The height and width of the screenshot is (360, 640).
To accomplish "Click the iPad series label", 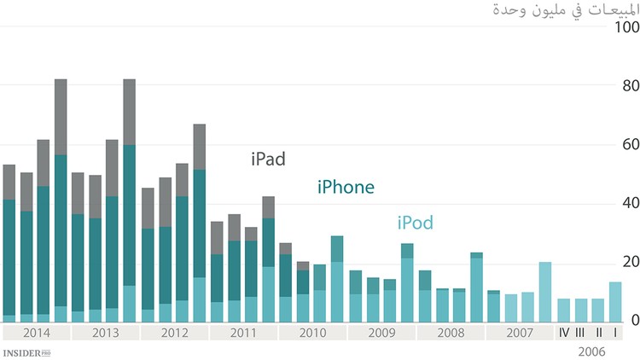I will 268,159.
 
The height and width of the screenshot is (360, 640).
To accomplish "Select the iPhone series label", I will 346,187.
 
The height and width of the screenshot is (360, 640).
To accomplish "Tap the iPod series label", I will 415,224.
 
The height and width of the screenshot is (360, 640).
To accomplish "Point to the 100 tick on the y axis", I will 626,27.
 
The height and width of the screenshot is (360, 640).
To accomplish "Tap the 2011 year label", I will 242,332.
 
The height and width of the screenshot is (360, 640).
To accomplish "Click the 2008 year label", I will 450,332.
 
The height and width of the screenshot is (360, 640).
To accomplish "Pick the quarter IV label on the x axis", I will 563,332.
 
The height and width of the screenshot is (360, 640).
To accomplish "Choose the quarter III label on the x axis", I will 580,332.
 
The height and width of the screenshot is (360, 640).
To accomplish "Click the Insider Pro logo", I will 26,351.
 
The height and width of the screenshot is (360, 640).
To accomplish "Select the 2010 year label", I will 311,332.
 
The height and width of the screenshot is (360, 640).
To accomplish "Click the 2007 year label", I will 519,332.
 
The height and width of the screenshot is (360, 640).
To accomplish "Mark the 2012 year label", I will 173,332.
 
